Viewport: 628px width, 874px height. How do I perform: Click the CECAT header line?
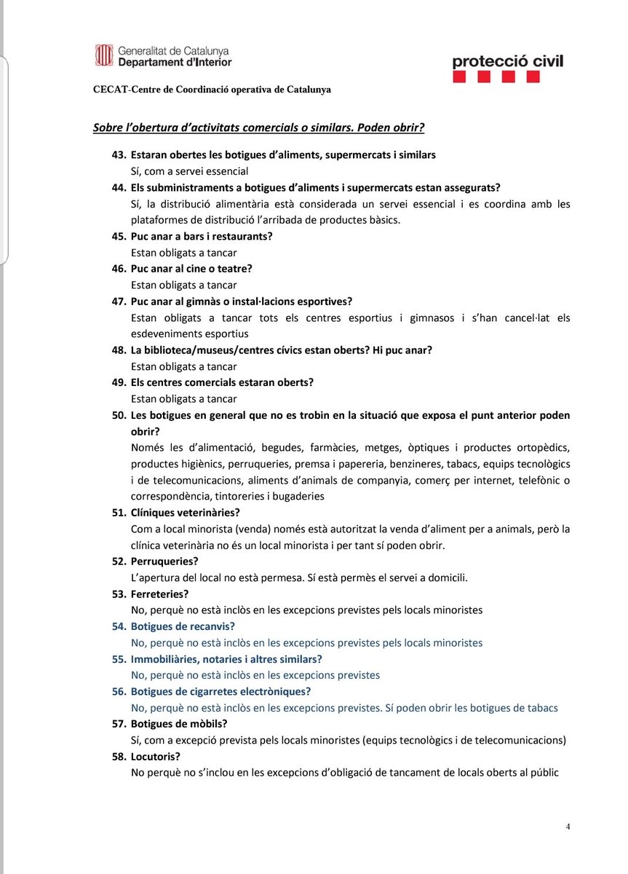pos(212,90)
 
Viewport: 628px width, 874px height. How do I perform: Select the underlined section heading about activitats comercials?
pos(258,127)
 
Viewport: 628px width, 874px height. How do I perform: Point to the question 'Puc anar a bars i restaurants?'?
pos(202,236)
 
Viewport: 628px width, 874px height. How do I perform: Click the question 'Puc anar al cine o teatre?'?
pos(191,269)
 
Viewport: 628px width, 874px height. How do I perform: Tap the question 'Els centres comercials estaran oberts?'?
pos(222,382)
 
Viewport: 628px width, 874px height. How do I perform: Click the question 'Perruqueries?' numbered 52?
pos(164,561)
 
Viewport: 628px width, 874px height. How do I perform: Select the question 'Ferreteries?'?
pos(159,594)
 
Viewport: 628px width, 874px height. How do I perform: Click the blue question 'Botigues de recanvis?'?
pos(183,626)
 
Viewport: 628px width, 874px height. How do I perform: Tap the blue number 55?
pos(119,659)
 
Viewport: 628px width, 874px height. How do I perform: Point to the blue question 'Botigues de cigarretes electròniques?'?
pos(220,691)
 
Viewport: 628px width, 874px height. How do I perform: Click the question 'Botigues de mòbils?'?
pos(179,724)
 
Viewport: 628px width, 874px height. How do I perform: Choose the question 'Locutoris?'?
pos(156,757)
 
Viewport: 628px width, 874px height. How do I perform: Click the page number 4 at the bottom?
pos(568,827)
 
